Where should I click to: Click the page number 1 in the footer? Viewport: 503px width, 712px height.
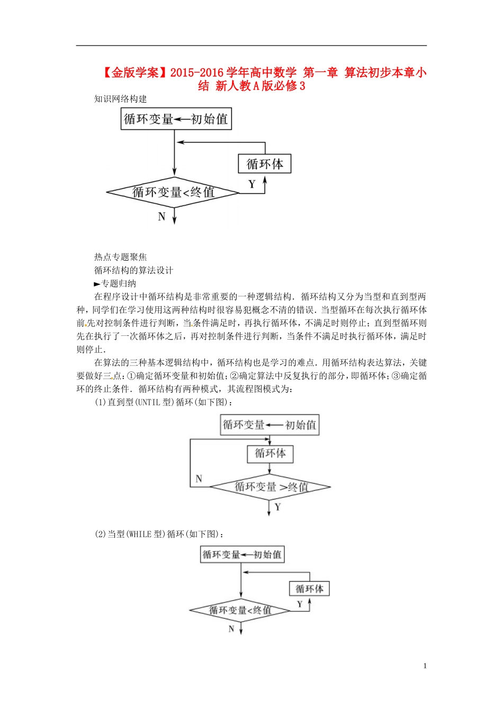coord(425,666)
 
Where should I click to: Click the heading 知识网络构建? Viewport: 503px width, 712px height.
coord(120,99)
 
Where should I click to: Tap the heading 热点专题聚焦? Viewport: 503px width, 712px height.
coord(120,257)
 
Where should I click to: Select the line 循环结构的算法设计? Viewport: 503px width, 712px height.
coord(133,270)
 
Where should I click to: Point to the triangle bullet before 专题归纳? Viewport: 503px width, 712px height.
coord(97,284)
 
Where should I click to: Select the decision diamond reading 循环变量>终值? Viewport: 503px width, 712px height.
coord(270,486)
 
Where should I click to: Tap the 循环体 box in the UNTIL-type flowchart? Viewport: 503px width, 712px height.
coord(270,453)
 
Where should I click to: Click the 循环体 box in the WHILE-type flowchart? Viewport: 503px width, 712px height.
coord(309,589)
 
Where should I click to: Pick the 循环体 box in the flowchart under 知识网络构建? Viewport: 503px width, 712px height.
coord(265,164)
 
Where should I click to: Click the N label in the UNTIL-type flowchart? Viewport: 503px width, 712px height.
coord(199,478)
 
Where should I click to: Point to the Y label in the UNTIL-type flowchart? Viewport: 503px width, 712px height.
coord(278,507)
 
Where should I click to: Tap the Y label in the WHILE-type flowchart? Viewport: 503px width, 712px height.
coord(300,604)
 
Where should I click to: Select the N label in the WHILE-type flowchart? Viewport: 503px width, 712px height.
coord(231,629)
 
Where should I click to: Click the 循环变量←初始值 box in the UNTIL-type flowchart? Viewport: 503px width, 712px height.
coord(270,425)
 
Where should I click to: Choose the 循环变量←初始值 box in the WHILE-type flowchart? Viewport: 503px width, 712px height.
coord(242,555)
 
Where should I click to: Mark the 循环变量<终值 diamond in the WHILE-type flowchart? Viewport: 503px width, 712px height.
coord(240,610)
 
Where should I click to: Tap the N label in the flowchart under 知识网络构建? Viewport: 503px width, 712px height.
coord(162,217)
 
